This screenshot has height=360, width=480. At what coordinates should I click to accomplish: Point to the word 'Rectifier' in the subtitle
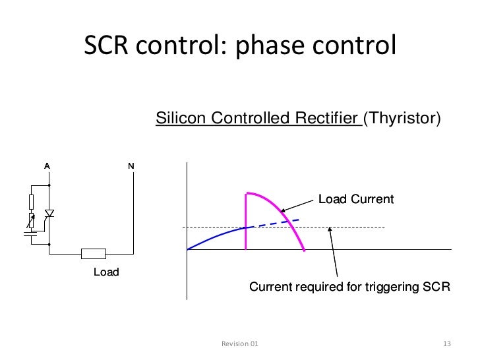[x=324, y=119]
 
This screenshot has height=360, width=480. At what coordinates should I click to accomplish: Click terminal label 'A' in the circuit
[x=47, y=165]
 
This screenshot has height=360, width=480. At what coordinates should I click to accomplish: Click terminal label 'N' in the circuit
[x=131, y=165]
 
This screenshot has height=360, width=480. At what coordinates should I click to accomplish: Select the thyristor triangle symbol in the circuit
[x=49, y=214]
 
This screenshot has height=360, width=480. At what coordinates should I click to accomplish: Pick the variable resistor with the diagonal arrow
[x=31, y=219]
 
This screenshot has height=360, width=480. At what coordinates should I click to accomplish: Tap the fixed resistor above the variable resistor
[x=31, y=201]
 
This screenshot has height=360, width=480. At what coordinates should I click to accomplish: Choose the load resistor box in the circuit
[x=93, y=253]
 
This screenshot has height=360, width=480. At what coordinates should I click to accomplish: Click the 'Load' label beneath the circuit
[x=105, y=272]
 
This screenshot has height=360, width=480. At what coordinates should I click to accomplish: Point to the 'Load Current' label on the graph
[x=355, y=199]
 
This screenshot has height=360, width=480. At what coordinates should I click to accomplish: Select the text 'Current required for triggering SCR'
[x=349, y=287]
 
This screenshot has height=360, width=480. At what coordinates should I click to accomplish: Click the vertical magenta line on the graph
[x=246, y=221]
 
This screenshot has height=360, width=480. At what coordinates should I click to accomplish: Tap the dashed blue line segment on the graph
[x=277, y=223]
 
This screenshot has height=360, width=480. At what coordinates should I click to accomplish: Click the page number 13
[x=446, y=344]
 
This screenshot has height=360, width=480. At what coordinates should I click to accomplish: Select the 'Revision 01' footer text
[x=240, y=344]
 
